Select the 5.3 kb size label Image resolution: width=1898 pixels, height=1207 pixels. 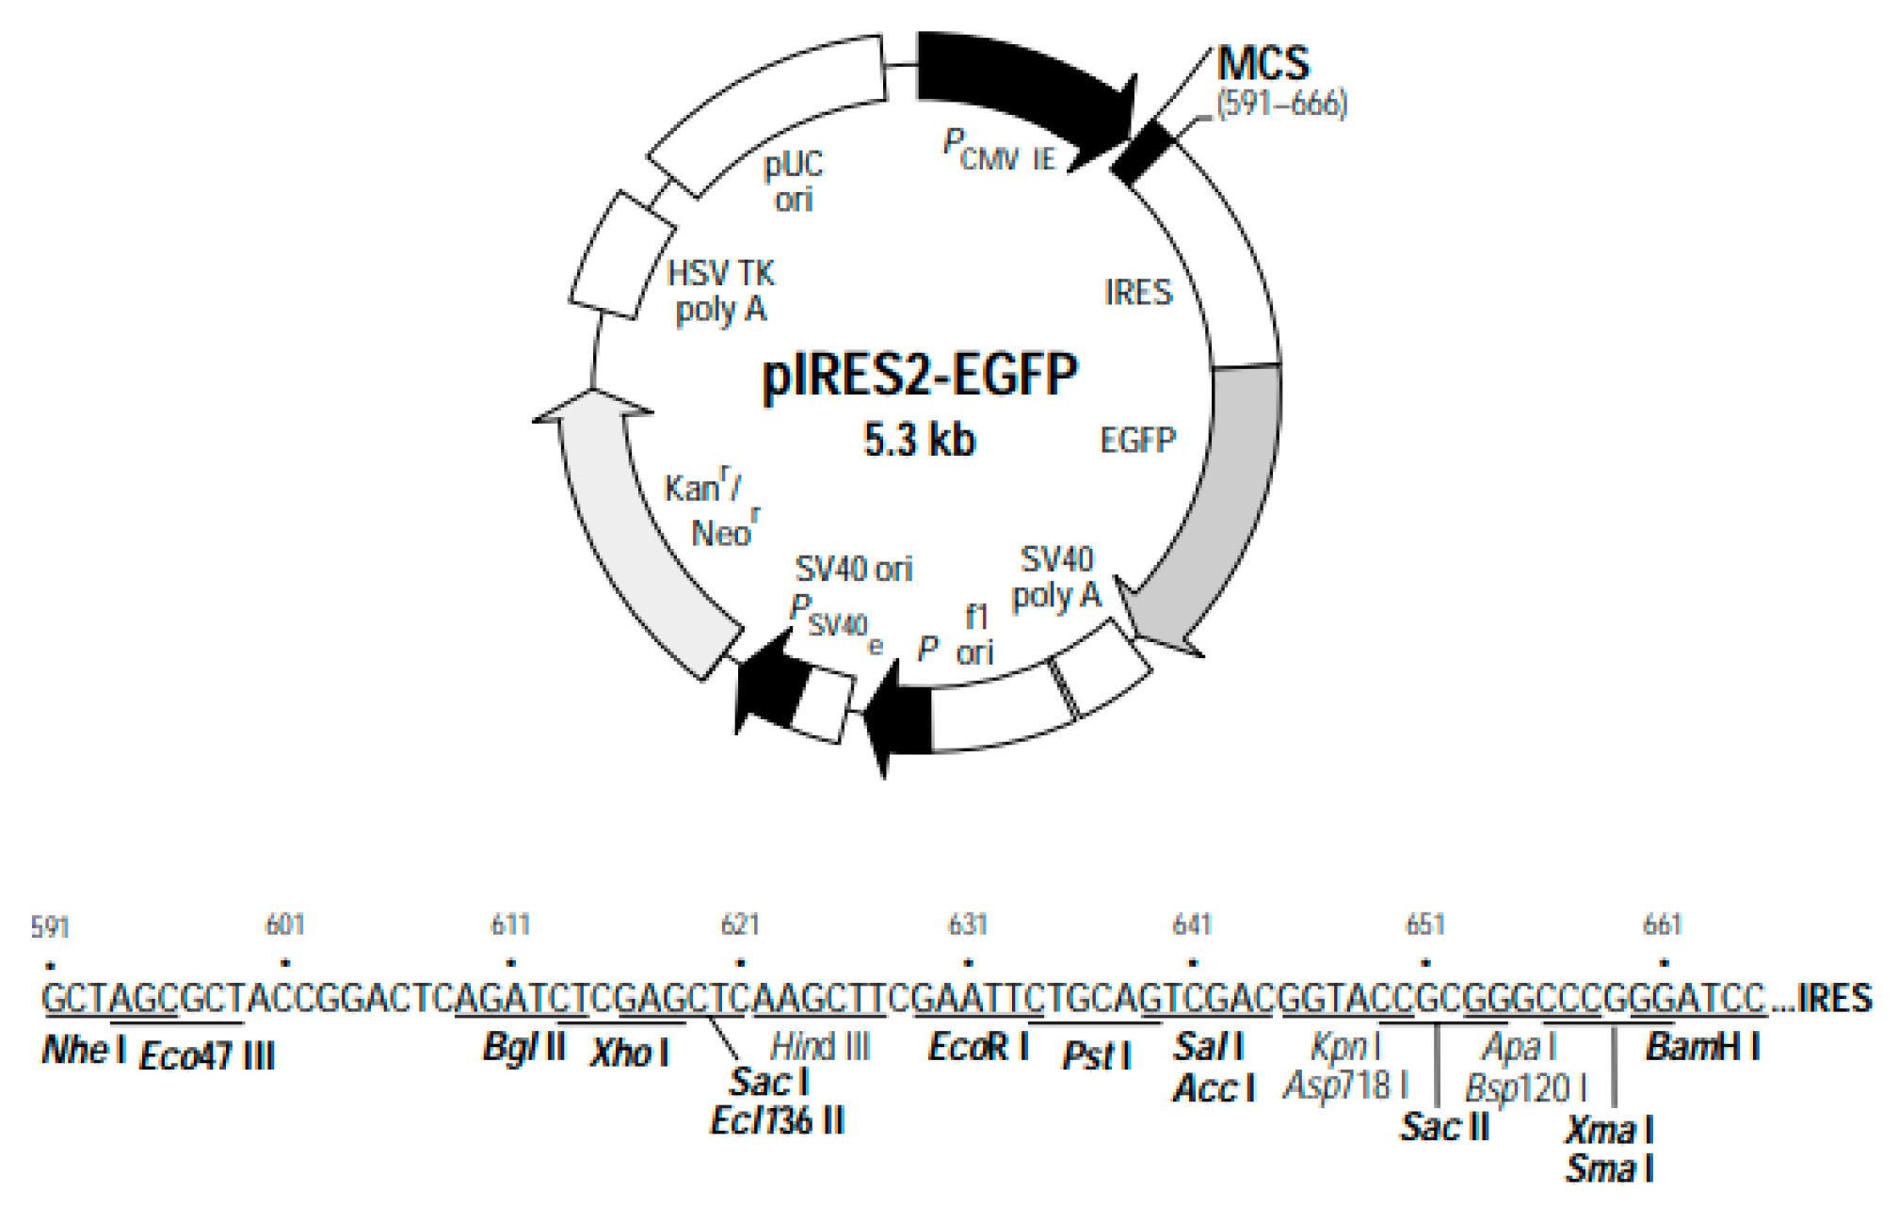point(920,440)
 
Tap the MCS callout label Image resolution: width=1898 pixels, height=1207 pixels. point(1263,64)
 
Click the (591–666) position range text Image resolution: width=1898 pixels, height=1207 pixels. point(1281,104)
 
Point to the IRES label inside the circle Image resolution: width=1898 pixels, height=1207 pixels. point(1138,293)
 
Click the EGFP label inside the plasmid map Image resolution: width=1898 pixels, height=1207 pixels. point(1138,440)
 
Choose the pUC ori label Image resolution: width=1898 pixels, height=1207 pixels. point(794,182)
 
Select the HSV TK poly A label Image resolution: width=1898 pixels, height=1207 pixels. point(721,291)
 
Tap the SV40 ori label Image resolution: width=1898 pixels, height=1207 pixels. point(854,569)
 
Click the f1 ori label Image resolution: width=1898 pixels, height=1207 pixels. point(975,635)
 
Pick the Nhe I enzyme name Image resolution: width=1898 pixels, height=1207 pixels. point(84,1050)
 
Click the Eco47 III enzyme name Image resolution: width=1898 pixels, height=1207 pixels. point(207,1055)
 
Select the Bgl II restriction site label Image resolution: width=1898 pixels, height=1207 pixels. point(523,1047)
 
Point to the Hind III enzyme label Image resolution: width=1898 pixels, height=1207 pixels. point(820,1047)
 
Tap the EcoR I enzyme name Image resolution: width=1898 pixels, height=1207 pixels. point(978,1047)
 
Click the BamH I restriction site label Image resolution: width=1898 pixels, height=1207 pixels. point(1703,1047)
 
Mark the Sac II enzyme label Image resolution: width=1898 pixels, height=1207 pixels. point(1445,1126)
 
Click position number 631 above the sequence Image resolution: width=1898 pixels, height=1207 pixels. point(967,925)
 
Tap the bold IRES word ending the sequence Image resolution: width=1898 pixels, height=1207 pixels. point(1835,998)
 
